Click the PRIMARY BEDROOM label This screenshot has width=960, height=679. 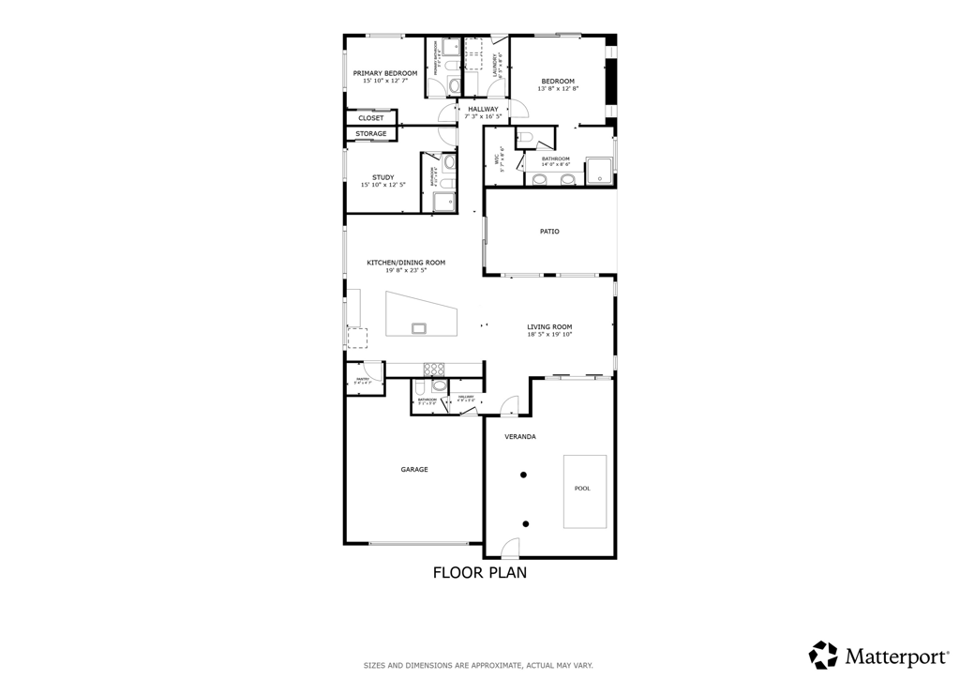click(384, 72)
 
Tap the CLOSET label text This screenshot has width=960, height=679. click(371, 118)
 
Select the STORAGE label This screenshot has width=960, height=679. click(371, 134)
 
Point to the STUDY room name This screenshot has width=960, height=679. click(382, 177)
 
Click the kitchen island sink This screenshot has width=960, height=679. click(418, 327)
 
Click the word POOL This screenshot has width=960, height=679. click(583, 489)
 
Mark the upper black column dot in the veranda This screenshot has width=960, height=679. click(525, 475)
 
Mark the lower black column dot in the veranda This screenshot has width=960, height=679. click(525, 523)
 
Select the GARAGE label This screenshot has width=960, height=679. click(414, 469)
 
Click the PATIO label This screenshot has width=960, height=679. click(549, 231)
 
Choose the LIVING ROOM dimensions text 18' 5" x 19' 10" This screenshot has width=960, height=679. click(549, 334)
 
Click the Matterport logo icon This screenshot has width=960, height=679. click(823, 655)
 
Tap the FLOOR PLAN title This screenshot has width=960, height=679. click(479, 572)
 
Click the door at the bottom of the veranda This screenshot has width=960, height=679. click(509, 549)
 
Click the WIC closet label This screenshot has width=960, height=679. click(500, 159)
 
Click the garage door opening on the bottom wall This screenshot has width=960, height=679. click(413, 543)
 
